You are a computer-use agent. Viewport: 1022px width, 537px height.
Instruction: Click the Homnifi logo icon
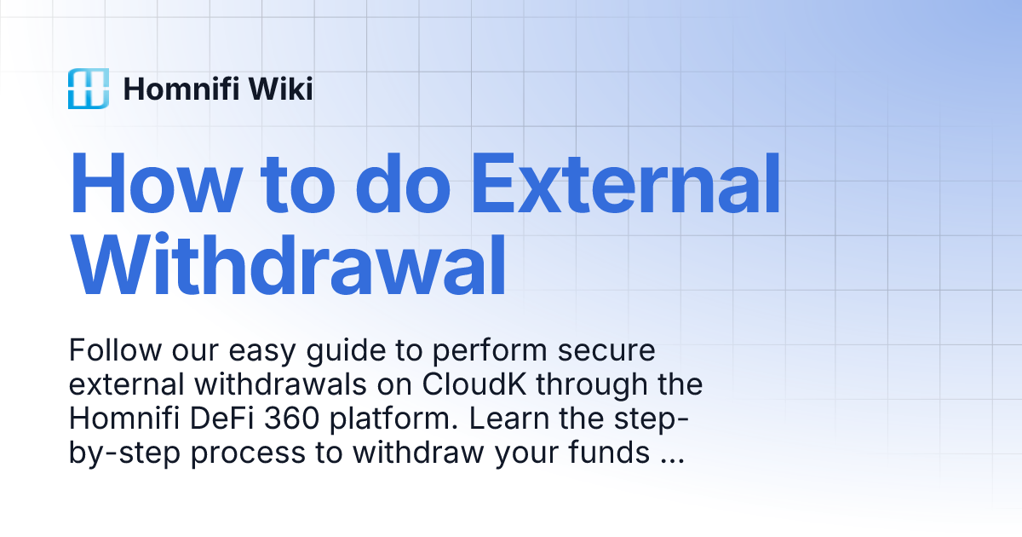coord(89,89)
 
